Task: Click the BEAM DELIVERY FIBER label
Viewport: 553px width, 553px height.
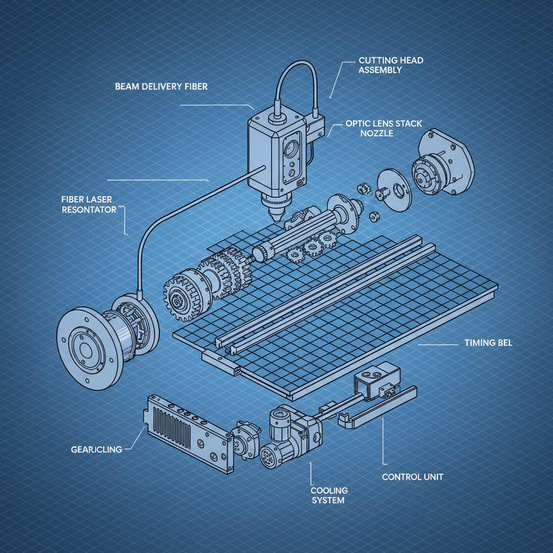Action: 161,86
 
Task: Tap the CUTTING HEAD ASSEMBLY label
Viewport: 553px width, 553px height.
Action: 383,65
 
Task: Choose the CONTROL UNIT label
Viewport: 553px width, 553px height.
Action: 413,477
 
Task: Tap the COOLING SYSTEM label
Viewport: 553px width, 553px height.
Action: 329,495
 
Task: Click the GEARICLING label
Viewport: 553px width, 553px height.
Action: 96,449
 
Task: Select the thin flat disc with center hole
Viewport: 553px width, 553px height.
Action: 394,188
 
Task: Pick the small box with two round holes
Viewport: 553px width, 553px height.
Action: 376,377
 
